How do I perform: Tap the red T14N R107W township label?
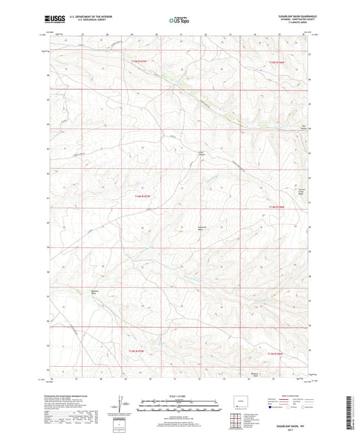[140, 196]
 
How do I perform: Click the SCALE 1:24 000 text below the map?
[179, 396]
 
